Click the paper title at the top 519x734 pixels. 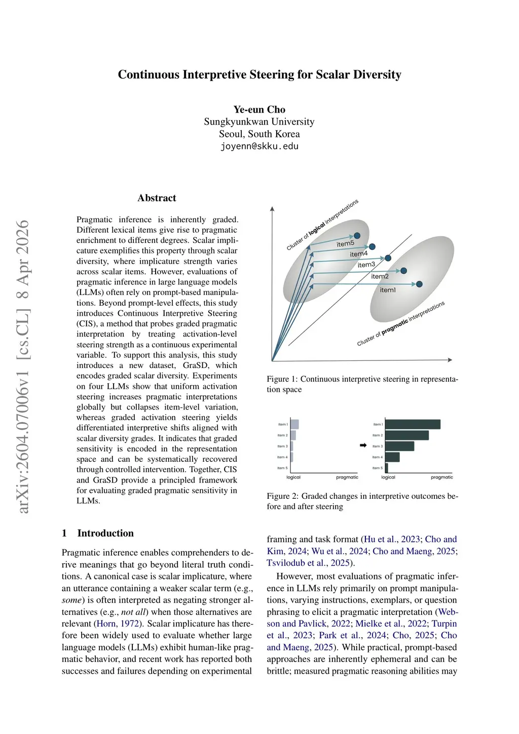click(259, 75)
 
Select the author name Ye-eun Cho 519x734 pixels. click(259, 109)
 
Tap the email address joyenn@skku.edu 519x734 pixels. click(259, 146)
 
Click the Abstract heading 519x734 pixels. click(157, 198)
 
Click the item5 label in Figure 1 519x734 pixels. click(345, 244)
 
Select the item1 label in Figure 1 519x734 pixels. click(388, 290)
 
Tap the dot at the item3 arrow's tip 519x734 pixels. click(388, 258)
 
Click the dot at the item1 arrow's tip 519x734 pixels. click(419, 284)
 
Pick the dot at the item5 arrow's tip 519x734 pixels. click(357, 236)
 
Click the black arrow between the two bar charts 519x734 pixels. click(363, 446)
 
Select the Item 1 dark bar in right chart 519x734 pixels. click(413, 424)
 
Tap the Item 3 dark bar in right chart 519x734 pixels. click(399, 446)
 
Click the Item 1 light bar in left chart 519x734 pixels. click(294, 424)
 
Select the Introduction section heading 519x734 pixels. click(105, 533)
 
